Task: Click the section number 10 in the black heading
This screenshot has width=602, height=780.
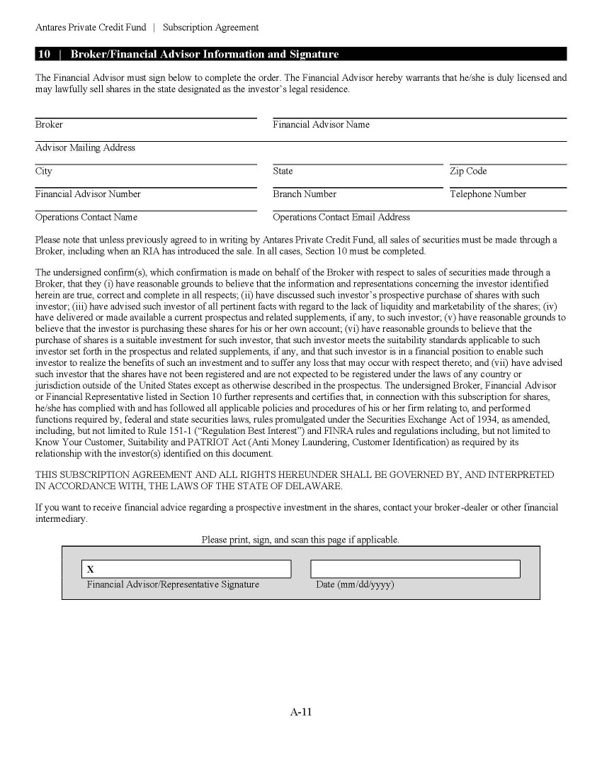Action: (44, 55)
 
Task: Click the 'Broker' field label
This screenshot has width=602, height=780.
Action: (49, 125)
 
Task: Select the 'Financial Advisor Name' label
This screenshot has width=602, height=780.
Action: (321, 125)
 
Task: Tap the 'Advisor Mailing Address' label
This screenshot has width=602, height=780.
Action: (85, 148)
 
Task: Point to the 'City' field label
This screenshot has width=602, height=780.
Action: (44, 172)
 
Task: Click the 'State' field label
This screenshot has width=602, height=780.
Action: (283, 172)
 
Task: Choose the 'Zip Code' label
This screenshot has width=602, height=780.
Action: (468, 172)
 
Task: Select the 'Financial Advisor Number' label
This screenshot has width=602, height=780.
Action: (88, 194)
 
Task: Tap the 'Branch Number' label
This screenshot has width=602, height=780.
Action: (305, 194)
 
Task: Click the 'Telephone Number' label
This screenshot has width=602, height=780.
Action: (488, 194)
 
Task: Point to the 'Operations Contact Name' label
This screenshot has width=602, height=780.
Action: (86, 218)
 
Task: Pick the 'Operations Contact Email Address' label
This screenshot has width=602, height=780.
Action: (341, 218)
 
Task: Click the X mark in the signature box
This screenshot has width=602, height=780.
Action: (91, 569)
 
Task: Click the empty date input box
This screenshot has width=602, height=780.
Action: (415, 569)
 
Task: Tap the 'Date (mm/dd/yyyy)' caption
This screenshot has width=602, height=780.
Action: (355, 585)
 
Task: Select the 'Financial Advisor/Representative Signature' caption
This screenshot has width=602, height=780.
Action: (173, 585)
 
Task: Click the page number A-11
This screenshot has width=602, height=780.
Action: (301, 713)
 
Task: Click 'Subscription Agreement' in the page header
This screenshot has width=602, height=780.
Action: (210, 28)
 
